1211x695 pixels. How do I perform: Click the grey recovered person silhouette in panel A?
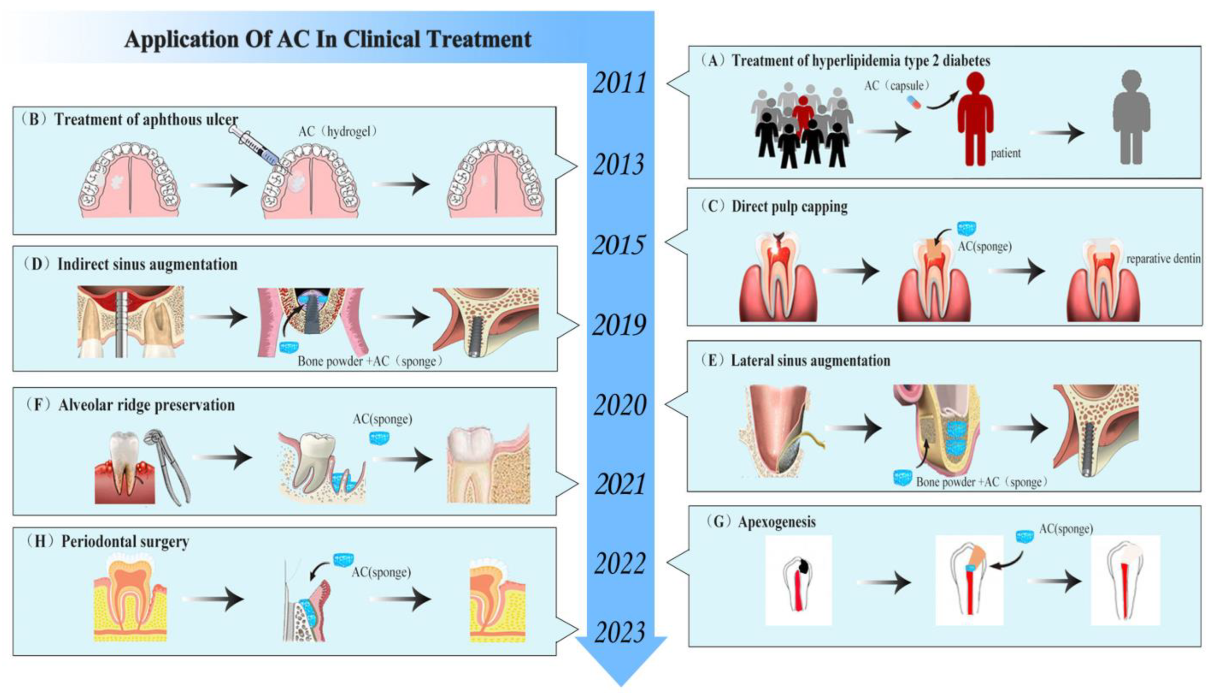pyautogui.click(x=1131, y=117)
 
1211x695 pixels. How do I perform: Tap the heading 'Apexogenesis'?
pyautogui.click(x=776, y=522)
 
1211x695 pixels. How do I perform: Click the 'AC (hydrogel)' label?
pyautogui.click(x=338, y=131)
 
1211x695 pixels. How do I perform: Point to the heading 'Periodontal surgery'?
pyautogui.click(x=125, y=542)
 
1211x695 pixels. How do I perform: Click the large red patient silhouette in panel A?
pyautogui.click(x=975, y=119)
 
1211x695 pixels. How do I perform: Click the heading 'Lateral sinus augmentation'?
pyautogui.click(x=810, y=360)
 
